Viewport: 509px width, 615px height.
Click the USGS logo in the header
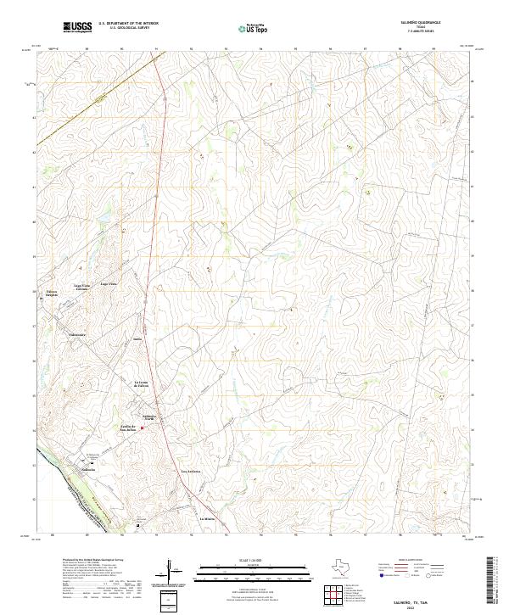[x=78, y=28]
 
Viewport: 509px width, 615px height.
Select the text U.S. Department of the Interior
[x=129, y=24]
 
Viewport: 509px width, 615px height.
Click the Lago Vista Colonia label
[x=81, y=288]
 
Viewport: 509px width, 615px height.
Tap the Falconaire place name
[x=77, y=334]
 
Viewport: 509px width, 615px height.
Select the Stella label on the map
[x=137, y=338]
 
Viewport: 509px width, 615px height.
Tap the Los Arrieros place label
[x=191, y=471]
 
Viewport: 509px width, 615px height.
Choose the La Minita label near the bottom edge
[x=208, y=517]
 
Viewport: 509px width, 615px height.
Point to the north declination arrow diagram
[x=176, y=573]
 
